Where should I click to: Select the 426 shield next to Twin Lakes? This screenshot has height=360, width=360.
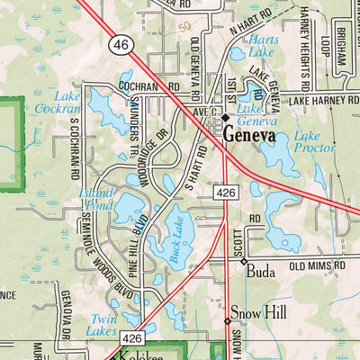pos(132,337)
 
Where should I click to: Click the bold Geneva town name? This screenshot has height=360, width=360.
pos(256,136)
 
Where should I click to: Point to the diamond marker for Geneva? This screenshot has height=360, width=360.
pos(226,117)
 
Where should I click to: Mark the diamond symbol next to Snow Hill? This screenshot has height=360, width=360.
pos(227,320)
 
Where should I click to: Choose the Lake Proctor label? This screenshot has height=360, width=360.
pos(314,141)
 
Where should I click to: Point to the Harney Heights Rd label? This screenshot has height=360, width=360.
pos(305,45)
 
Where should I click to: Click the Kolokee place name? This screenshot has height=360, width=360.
pos(144,355)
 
